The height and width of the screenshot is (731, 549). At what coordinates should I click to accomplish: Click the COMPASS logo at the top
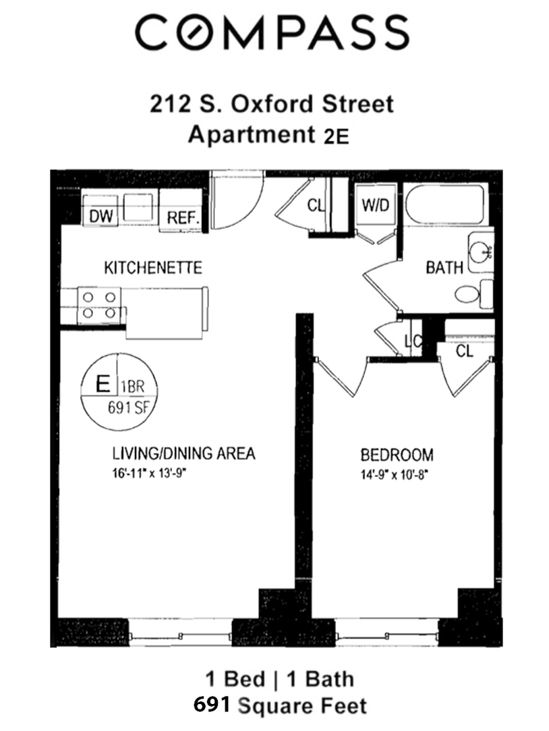(272, 32)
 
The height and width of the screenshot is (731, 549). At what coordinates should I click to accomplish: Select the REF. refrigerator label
(182, 218)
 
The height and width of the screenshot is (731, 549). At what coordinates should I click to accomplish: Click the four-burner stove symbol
(99, 304)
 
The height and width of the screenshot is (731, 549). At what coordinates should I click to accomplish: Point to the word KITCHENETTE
(152, 268)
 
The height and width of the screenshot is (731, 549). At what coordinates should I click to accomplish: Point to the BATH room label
(444, 268)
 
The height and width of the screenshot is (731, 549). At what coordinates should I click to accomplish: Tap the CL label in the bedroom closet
(464, 351)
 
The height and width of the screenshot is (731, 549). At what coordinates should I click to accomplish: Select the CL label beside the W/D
(316, 206)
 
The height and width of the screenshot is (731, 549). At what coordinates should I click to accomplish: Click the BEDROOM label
(397, 455)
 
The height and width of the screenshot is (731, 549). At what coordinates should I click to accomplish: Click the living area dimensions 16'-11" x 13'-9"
(149, 473)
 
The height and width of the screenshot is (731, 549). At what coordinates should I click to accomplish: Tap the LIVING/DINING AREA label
(183, 453)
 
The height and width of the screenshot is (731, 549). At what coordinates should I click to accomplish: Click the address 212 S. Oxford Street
(270, 105)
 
